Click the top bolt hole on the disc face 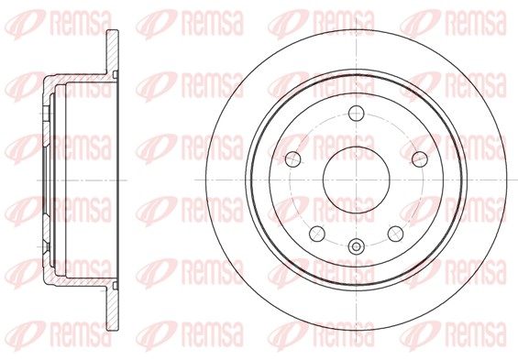[x=356, y=114]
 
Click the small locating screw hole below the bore [x=356, y=245]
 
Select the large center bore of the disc [x=356, y=180]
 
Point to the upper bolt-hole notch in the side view [x=46, y=113]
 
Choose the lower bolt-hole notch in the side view [x=46, y=247]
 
